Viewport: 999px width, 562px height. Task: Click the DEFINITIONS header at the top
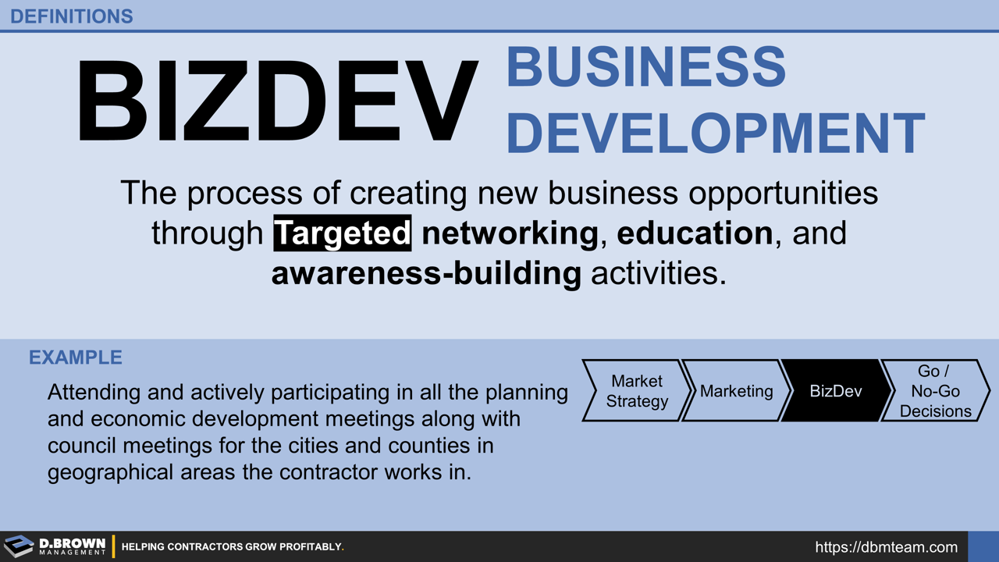pyautogui.click(x=72, y=16)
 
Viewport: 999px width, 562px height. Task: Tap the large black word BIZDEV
pyautogui.click(x=277, y=101)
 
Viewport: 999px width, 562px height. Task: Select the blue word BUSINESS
pyautogui.click(x=645, y=66)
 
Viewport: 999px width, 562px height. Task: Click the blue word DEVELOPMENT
pyautogui.click(x=715, y=132)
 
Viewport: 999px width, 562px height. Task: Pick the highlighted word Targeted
pyautogui.click(x=343, y=233)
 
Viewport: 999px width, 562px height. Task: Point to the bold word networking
pyautogui.click(x=510, y=233)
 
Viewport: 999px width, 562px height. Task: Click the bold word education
pyautogui.click(x=694, y=233)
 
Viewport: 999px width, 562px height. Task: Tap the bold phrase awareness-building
pyautogui.click(x=426, y=274)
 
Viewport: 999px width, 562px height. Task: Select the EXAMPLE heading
pyautogui.click(x=76, y=357)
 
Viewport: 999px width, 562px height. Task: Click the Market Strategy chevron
pyautogui.click(x=637, y=391)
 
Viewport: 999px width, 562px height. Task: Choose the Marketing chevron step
pyautogui.click(x=736, y=391)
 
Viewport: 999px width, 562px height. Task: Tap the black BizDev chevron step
pyautogui.click(x=835, y=391)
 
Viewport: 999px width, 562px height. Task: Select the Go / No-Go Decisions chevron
pyautogui.click(x=934, y=391)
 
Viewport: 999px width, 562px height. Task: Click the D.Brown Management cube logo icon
pyautogui.click(x=19, y=546)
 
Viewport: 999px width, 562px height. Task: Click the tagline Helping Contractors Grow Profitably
pyautogui.click(x=233, y=547)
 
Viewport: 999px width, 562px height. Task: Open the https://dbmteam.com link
pyautogui.click(x=886, y=547)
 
